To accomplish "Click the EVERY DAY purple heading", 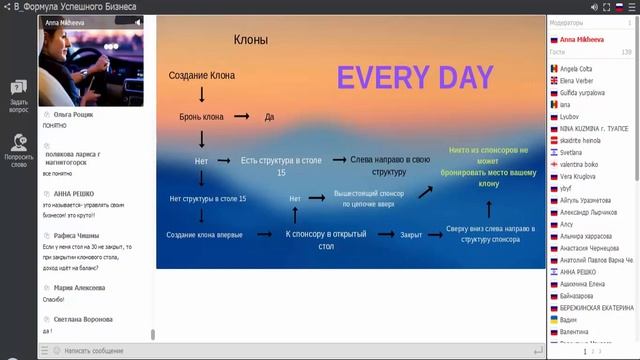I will (414, 77).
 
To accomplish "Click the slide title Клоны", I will (250, 40).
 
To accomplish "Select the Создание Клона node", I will (201, 75).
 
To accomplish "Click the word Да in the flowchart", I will (269, 117).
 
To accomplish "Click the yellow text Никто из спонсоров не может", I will (488, 155).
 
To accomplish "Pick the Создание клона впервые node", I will (203, 234).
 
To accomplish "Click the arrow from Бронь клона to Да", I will (240, 117).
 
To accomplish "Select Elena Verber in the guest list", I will (577, 81).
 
